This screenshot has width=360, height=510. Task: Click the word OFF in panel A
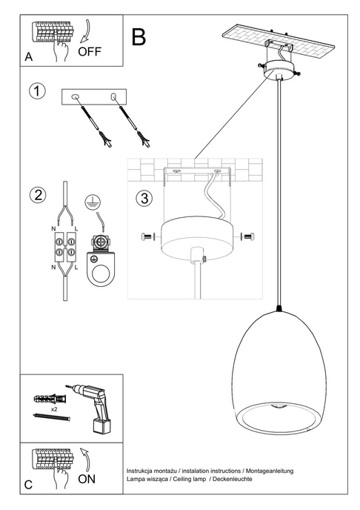89,51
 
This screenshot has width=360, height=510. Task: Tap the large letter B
139,36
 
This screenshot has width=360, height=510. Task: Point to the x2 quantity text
54,408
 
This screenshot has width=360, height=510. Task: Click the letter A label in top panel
28,57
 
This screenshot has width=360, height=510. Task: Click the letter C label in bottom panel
28,486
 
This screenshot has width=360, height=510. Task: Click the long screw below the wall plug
51,419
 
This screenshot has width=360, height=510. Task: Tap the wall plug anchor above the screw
51,399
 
